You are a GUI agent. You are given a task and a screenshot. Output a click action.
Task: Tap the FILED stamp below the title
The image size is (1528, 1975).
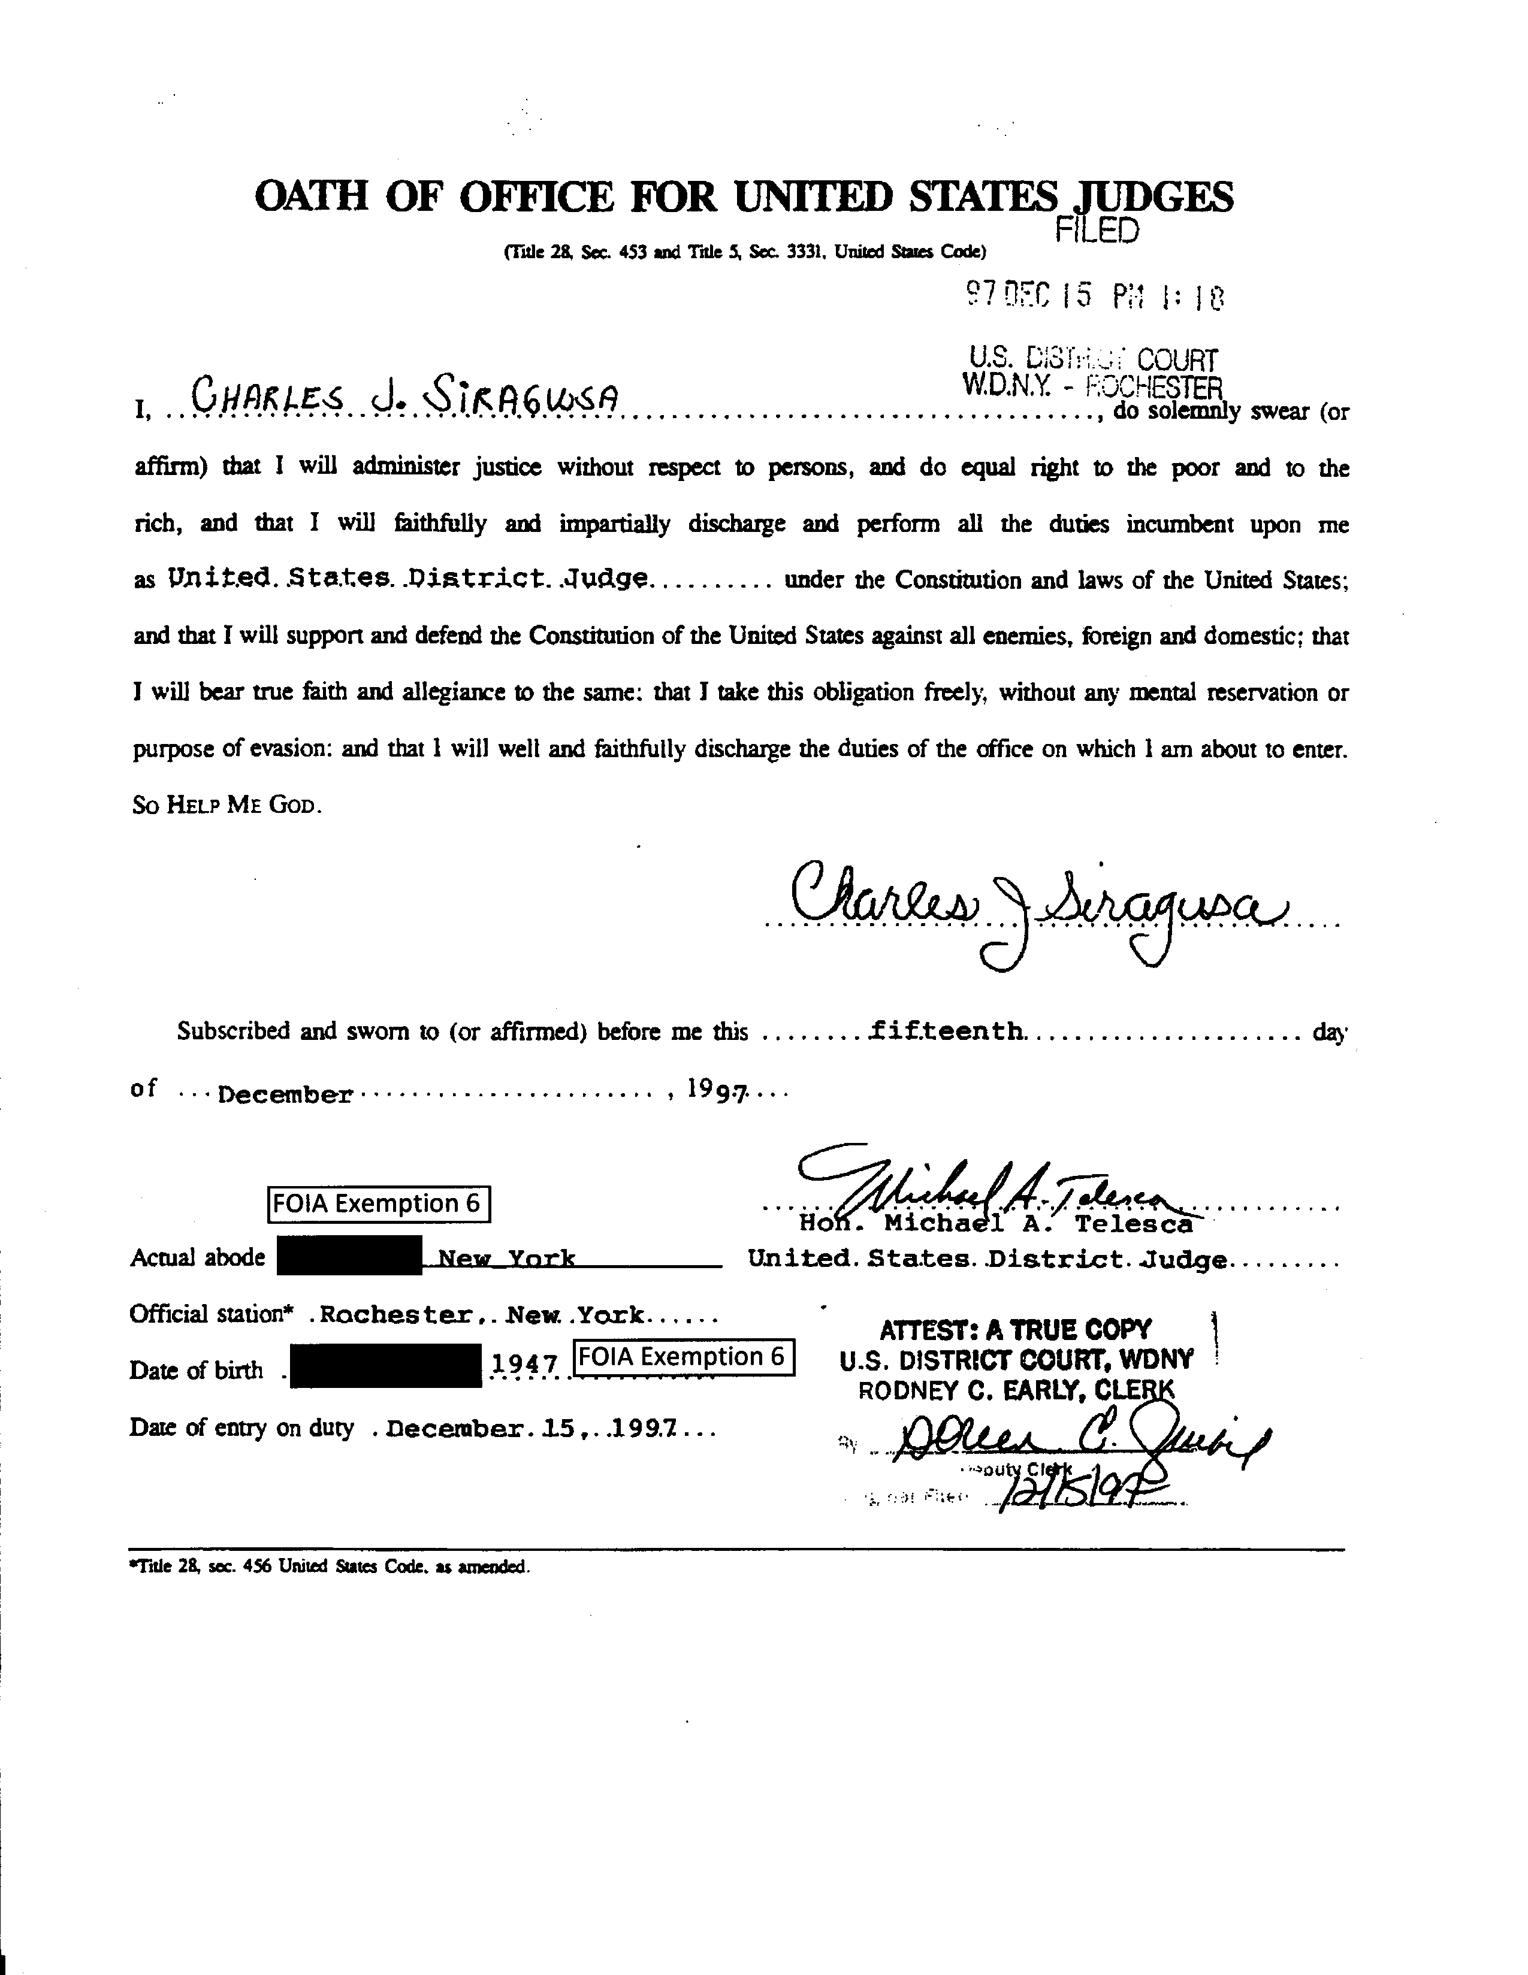tap(1097, 231)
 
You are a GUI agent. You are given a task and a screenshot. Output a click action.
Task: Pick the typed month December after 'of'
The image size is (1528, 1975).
tap(285, 1095)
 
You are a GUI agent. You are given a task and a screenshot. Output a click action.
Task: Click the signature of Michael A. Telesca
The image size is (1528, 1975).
tap(986, 1189)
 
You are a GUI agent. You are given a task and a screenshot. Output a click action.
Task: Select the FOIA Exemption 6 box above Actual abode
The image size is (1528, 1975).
tap(379, 1203)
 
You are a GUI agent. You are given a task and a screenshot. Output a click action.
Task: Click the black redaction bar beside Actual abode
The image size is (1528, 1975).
tap(348, 1256)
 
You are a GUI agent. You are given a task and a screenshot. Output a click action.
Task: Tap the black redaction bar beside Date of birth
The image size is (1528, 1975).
tap(385, 1366)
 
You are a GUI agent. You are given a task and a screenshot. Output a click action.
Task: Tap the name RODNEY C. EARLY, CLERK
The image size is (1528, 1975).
tap(1015, 1390)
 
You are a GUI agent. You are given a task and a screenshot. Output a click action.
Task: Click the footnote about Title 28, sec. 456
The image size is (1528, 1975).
tap(330, 1567)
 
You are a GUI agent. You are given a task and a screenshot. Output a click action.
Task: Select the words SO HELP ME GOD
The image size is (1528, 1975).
tap(226, 805)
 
